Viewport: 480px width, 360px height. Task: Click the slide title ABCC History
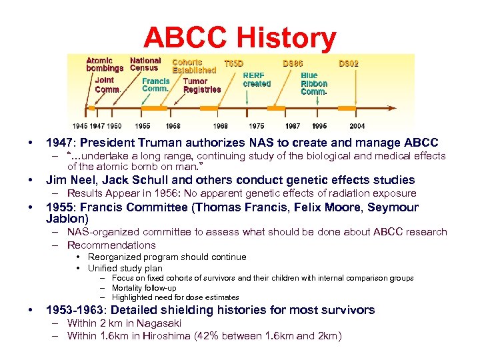[239, 38]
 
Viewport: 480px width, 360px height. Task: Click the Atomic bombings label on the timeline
[105, 64]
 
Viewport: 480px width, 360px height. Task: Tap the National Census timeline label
[145, 64]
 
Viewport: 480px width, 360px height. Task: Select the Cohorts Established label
[194, 65]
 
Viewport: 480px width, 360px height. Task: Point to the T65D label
[233, 63]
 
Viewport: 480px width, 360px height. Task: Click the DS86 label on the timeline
[293, 63]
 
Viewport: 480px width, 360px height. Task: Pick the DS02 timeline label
[348, 63]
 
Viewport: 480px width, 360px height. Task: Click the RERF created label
[257, 80]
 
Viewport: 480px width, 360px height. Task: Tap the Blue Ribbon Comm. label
[314, 84]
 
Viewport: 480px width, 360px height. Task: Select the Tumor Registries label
[201, 85]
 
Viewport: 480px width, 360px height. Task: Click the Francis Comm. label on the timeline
[155, 85]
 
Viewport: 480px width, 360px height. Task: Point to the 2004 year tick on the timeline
[357, 125]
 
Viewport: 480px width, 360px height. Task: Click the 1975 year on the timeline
[256, 125]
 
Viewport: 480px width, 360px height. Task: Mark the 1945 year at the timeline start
[80, 125]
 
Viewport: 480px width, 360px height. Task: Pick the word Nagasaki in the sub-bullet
[159, 323]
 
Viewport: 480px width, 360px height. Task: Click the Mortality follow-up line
[144, 288]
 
